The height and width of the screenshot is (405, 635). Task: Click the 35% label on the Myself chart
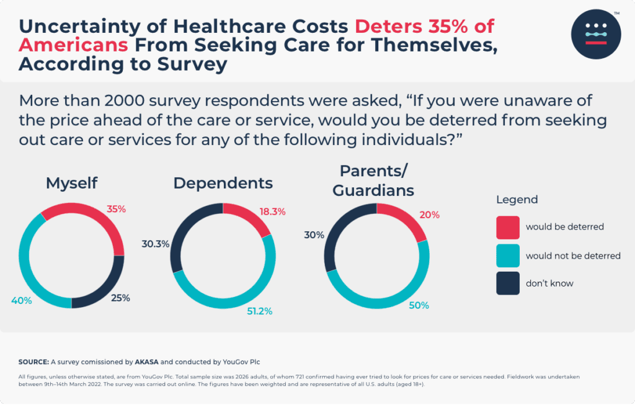pyautogui.click(x=116, y=210)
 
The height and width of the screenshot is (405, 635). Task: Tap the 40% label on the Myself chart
pyautogui.click(x=22, y=301)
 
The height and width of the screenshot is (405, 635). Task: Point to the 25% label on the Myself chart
pyautogui.click(x=120, y=298)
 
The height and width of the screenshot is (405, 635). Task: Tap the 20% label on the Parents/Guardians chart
pyautogui.click(x=429, y=215)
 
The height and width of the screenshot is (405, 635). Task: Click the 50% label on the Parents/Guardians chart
pyautogui.click(x=419, y=305)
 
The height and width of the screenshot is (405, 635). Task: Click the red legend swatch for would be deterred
pyautogui.click(x=508, y=227)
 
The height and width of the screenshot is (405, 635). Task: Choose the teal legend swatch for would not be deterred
pyautogui.click(x=508, y=256)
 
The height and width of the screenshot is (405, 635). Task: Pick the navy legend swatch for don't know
pyautogui.click(x=508, y=283)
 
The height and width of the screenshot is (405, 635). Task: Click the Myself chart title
pyautogui.click(x=71, y=183)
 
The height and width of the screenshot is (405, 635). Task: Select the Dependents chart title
pyautogui.click(x=223, y=183)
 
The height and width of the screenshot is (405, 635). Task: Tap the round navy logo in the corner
pyautogui.click(x=596, y=33)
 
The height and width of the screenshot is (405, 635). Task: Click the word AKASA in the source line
pyautogui.click(x=148, y=361)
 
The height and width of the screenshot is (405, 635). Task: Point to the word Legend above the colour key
pyautogui.click(x=517, y=200)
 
